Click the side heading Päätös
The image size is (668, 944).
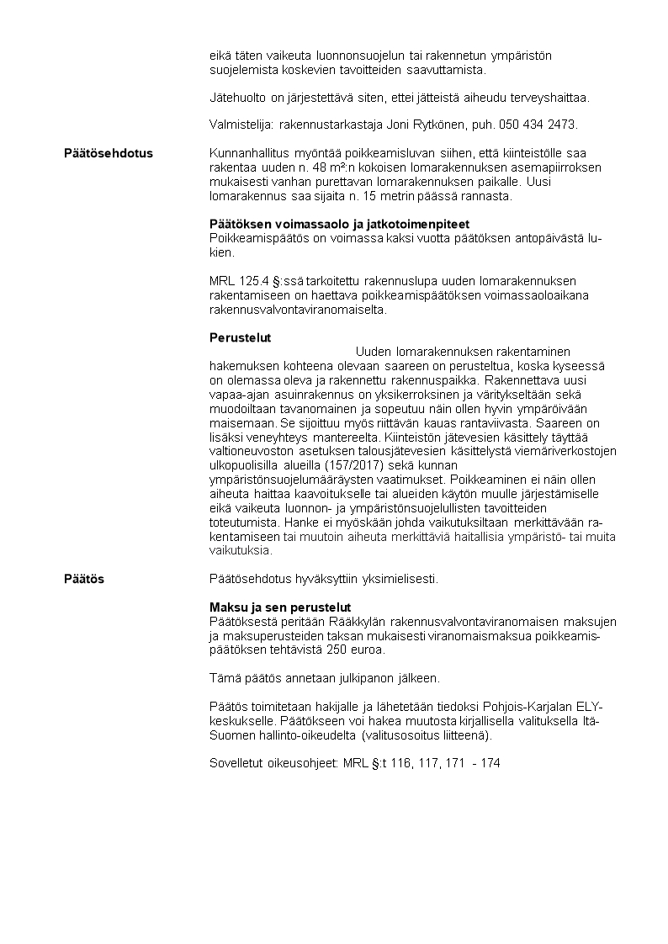tap(85, 580)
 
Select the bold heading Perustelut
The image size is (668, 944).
tap(240, 337)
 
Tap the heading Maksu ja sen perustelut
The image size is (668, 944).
tap(279, 607)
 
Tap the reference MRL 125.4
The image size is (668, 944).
tap(238, 280)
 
